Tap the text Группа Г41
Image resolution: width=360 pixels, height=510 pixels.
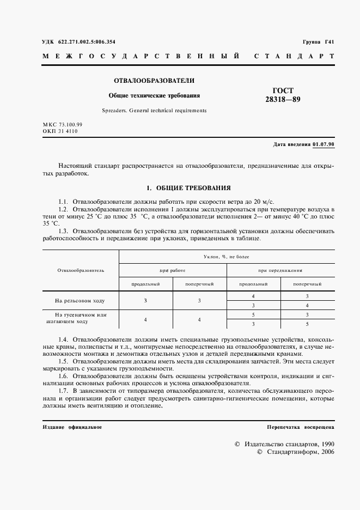318,42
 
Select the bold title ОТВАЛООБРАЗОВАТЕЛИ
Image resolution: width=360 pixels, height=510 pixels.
154,81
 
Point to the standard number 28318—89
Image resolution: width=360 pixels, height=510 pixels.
283,100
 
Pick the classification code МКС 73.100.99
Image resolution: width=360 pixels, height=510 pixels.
63,125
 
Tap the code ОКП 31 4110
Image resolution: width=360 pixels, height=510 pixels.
60,131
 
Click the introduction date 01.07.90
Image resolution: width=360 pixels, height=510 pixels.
324,144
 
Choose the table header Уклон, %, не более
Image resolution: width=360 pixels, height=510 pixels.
227,255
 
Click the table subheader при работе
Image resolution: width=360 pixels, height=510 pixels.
172,270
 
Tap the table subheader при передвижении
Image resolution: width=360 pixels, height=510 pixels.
280,270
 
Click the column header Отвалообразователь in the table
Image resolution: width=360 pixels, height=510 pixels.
80,270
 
